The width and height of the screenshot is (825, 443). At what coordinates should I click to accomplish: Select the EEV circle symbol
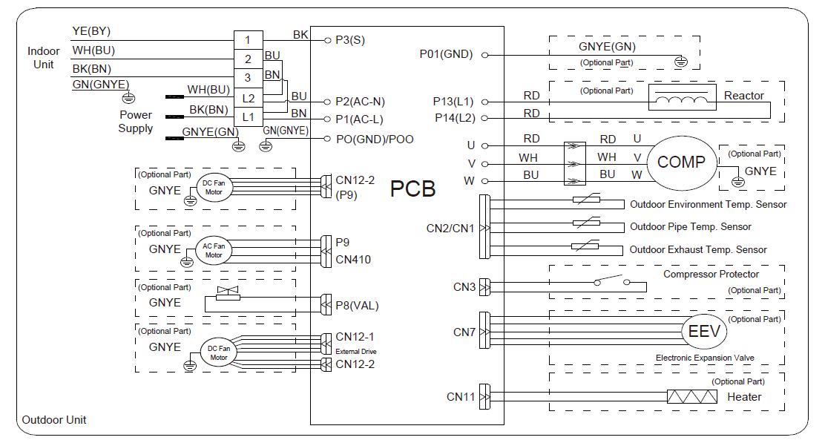(704, 332)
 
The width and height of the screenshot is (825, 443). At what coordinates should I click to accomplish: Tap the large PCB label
(413, 188)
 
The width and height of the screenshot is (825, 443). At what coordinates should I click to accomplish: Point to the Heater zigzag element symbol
(692, 397)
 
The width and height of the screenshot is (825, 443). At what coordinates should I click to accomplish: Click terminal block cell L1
(249, 117)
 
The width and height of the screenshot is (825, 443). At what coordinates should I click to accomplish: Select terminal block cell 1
(249, 39)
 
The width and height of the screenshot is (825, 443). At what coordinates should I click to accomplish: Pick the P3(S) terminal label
(349, 39)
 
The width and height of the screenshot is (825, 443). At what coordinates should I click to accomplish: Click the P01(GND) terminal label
(446, 54)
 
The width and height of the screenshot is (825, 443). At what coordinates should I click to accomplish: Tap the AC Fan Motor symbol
(214, 250)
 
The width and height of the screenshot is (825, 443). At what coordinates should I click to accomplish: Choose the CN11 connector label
(461, 397)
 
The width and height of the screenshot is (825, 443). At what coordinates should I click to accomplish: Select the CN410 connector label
(353, 260)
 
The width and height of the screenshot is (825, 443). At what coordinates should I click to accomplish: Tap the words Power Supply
(136, 122)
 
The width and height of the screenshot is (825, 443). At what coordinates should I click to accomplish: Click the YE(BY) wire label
(91, 31)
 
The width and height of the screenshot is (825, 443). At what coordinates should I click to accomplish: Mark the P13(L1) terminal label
(453, 102)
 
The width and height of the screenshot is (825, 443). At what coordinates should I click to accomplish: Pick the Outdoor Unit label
(54, 420)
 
